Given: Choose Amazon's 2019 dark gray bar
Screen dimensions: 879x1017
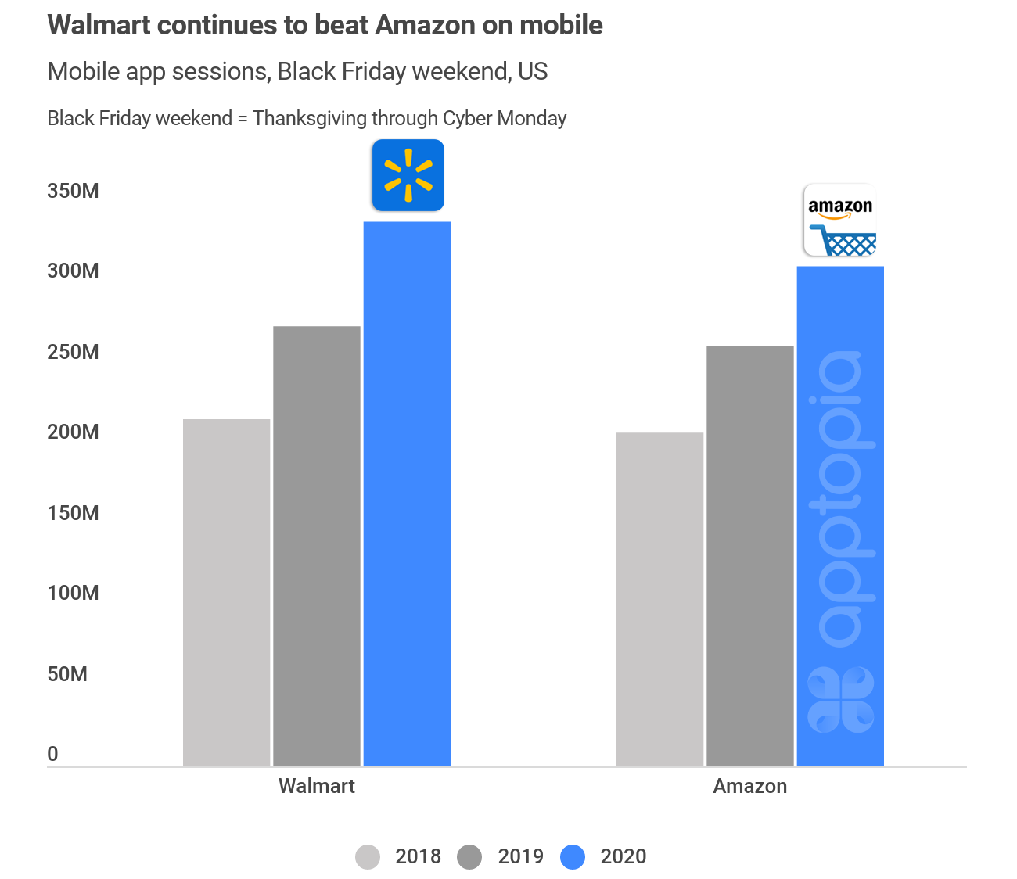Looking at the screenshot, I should [x=749, y=556].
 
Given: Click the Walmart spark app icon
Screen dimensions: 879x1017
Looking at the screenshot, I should [x=408, y=175].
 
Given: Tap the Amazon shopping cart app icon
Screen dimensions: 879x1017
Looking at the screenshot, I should [x=840, y=220].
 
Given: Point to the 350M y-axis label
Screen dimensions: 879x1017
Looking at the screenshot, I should [x=73, y=191].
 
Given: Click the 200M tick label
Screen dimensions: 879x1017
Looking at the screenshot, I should [x=73, y=432].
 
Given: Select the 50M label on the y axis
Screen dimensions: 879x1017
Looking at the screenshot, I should [x=67, y=674].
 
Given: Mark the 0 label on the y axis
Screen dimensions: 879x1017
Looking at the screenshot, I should [x=52, y=754].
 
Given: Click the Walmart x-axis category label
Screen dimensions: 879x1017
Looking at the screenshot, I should [x=316, y=786].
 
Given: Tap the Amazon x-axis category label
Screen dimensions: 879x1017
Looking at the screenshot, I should [x=749, y=786].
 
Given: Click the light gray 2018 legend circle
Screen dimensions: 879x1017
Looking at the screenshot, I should [x=368, y=857].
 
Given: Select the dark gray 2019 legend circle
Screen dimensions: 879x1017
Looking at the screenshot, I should [x=469, y=857].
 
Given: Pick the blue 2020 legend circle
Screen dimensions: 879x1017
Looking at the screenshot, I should [x=573, y=857].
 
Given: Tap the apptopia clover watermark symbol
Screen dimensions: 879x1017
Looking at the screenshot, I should [x=840, y=699].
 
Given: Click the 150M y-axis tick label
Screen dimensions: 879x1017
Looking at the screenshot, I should [x=73, y=513].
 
